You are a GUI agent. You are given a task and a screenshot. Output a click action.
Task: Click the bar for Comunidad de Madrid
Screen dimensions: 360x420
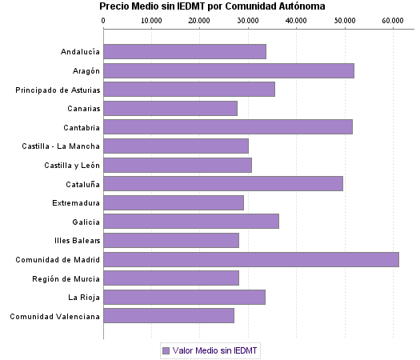point(251,259)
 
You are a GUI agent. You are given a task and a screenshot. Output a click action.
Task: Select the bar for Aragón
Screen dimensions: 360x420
point(229,70)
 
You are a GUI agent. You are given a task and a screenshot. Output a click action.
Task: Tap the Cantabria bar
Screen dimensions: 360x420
point(228,126)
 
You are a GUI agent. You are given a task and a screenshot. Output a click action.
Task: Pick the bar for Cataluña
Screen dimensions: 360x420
point(223,183)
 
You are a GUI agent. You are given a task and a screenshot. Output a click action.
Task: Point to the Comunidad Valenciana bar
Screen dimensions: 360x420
point(169,316)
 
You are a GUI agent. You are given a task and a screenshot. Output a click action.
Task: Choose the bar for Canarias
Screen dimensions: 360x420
point(170,108)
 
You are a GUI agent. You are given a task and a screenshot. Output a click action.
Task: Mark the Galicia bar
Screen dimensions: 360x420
point(191,221)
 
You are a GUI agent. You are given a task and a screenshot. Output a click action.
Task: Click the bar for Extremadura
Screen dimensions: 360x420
point(174,202)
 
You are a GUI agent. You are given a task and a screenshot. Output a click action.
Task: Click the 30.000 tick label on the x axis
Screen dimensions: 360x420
point(248,20)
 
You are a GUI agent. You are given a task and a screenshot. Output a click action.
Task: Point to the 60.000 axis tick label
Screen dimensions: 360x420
point(392,20)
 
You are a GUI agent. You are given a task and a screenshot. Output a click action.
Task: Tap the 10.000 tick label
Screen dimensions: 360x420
point(152,20)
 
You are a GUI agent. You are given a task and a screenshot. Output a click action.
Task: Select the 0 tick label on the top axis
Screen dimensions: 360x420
point(104,20)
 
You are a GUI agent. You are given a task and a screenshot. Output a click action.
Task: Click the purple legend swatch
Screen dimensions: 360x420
point(166,350)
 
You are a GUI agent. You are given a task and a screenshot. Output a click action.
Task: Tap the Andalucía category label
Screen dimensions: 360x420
point(80,52)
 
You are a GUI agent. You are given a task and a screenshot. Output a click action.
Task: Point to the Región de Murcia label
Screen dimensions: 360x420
point(66,278)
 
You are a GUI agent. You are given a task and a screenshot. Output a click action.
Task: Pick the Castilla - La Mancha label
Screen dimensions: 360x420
point(62,146)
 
